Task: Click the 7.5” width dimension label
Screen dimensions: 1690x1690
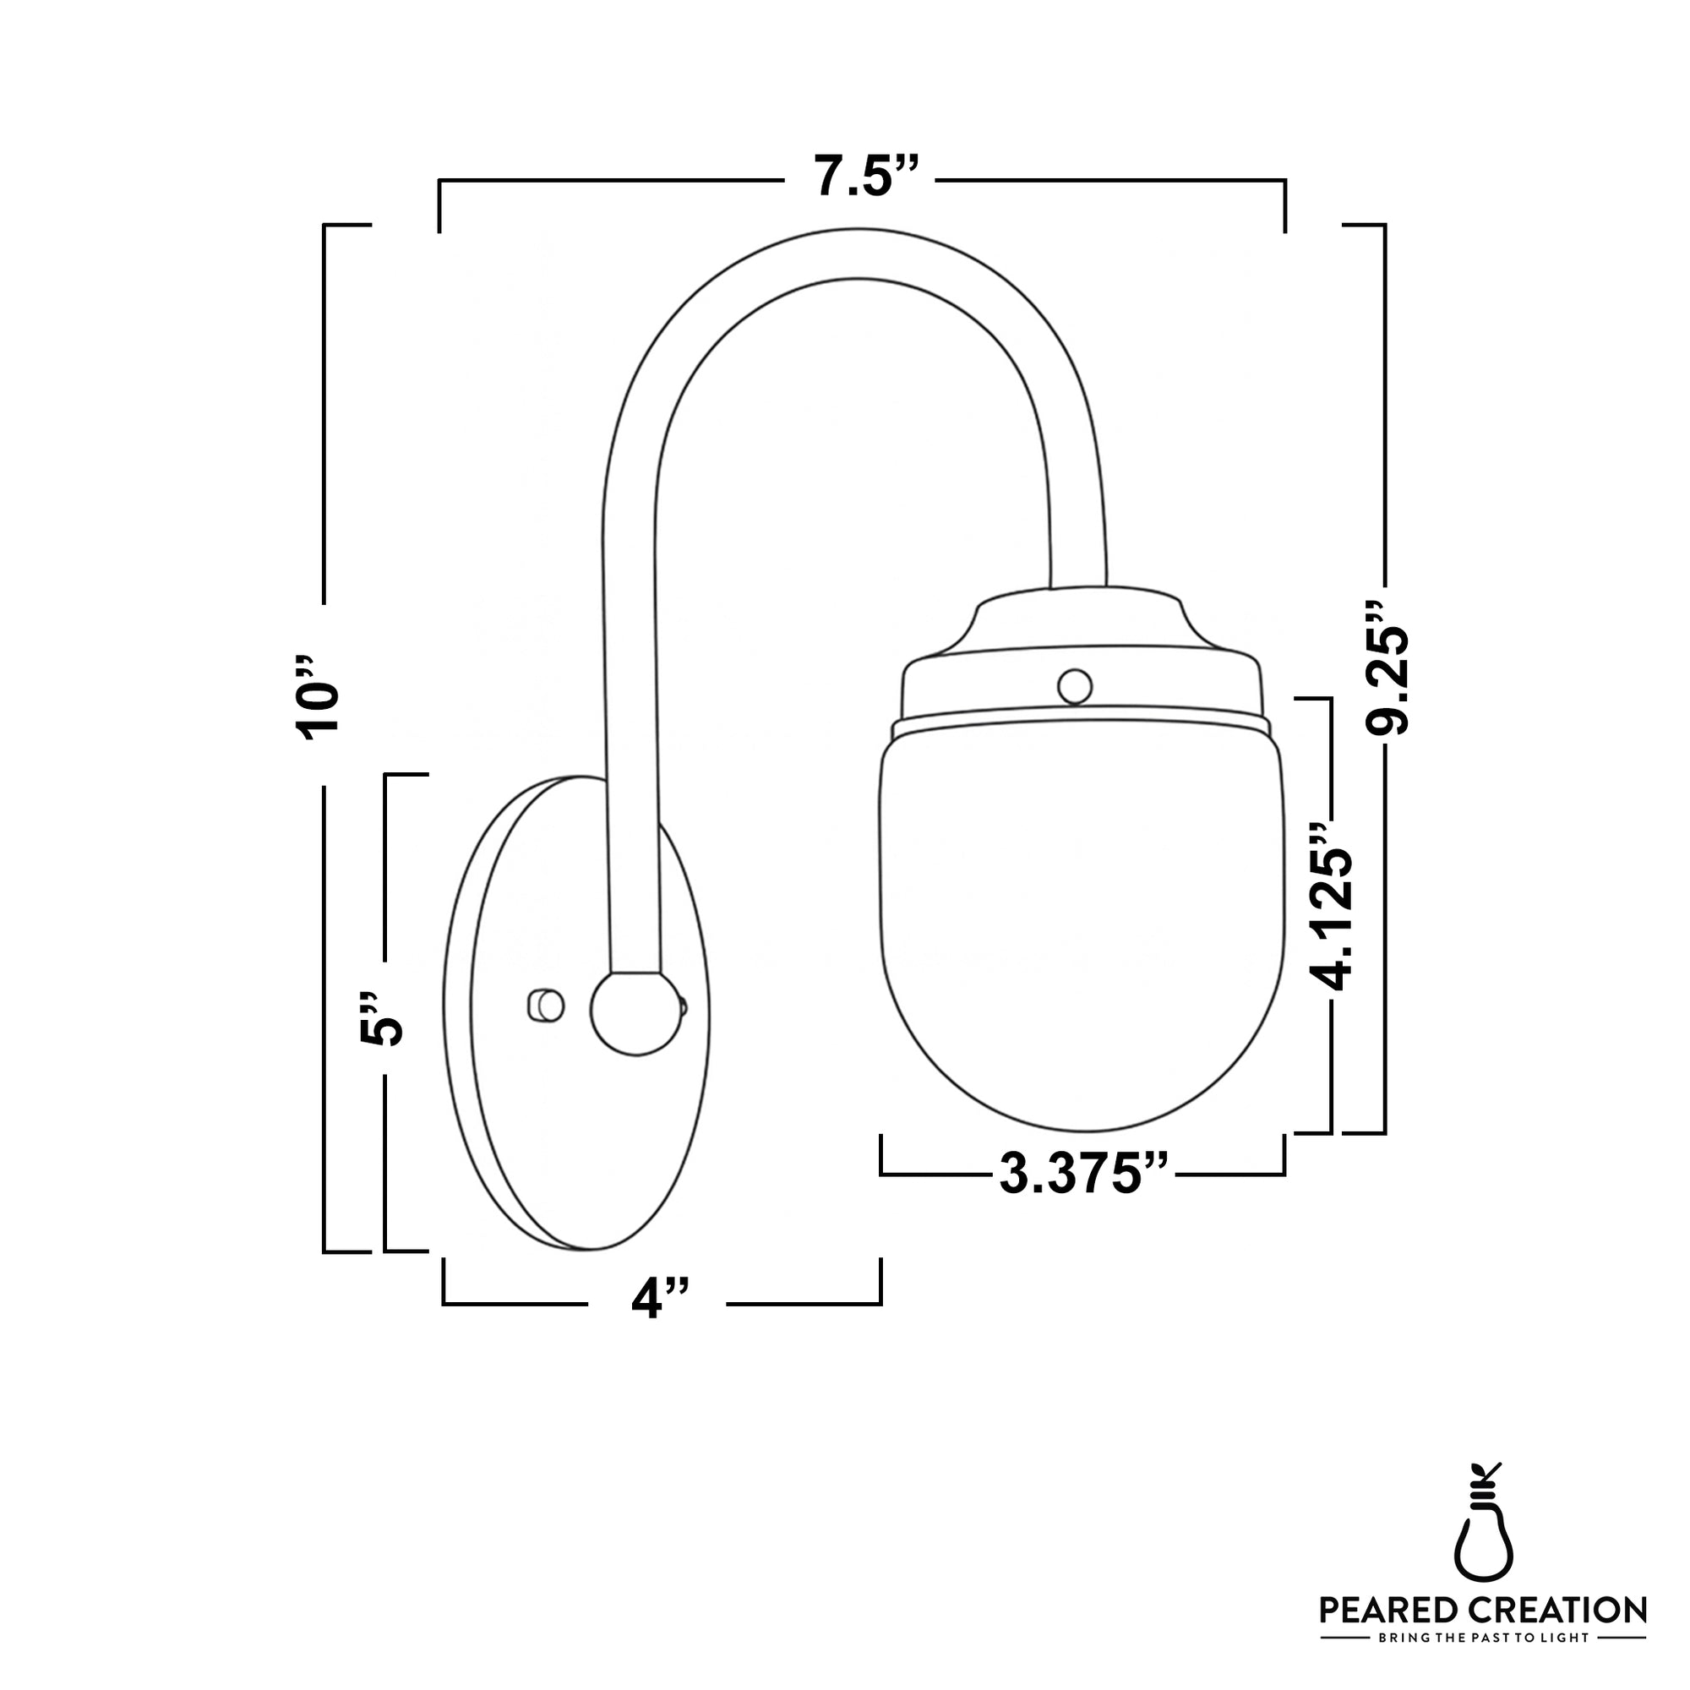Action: (x=866, y=176)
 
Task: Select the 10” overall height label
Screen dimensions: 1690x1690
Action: (x=318, y=696)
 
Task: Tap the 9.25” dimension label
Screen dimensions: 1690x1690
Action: (x=1387, y=669)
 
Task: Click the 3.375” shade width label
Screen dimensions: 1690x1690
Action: (x=1084, y=1175)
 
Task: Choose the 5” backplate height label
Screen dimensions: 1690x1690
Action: (x=381, y=1019)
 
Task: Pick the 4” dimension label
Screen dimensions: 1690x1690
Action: (x=661, y=1298)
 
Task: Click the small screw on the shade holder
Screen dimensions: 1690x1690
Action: (x=1074, y=687)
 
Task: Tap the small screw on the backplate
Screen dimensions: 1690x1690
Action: (x=546, y=1006)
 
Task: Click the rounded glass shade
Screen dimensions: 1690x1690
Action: (x=1082, y=927)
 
